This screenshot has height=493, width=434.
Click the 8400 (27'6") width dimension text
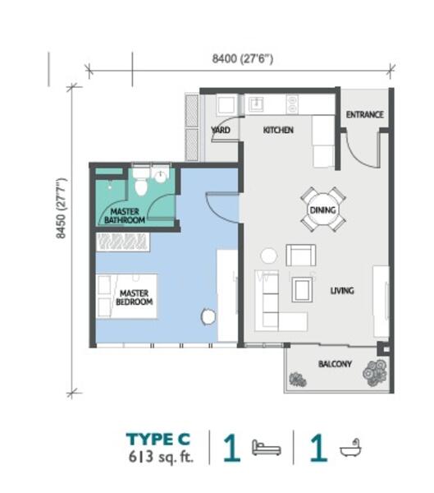[x=242, y=58]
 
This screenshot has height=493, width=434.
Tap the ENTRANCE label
[x=364, y=115]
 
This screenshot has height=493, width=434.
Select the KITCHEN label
[x=278, y=131]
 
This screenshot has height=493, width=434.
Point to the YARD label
[x=221, y=131]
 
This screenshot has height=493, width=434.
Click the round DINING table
[x=322, y=210]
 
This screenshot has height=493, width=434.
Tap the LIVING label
[x=342, y=291]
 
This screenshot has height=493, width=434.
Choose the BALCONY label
[x=335, y=364]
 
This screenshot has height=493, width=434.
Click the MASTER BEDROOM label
[x=135, y=297]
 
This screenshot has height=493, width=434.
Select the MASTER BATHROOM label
[x=127, y=216]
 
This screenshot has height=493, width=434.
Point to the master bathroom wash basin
[x=161, y=176]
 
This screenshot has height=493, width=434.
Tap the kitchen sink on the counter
[x=254, y=104]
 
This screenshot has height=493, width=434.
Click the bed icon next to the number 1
[x=267, y=449]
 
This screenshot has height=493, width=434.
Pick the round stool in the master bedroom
[x=208, y=316]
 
